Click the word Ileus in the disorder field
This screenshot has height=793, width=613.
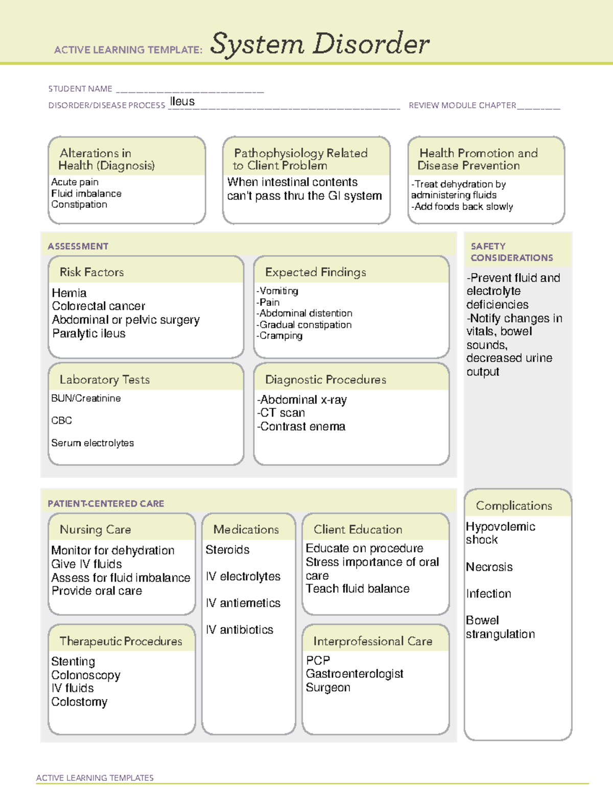(x=182, y=102)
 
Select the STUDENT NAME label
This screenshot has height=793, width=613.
(x=80, y=89)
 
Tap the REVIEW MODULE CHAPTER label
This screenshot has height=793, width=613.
(x=462, y=105)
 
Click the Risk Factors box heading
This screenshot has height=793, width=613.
(x=91, y=272)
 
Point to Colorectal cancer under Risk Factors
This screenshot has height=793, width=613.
(x=99, y=306)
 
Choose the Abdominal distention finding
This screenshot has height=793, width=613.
(x=305, y=313)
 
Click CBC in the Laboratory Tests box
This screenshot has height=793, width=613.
(x=61, y=420)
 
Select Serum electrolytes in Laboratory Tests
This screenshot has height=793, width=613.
(x=92, y=443)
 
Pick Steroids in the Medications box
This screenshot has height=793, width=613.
(x=227, y=550)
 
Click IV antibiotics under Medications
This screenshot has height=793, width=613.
(x=239, y=630)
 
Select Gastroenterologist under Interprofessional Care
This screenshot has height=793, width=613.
(x=355, y=674)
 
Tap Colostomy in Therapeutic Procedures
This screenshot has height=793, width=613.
(x=79, y=702)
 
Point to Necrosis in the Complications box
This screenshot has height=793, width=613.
(x=489, y=567)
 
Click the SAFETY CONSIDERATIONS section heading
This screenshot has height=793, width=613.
(x=511, y=252)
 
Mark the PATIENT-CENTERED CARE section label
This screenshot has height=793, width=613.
(x=106, y=503)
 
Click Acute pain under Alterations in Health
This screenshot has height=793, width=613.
(x=75, y=182)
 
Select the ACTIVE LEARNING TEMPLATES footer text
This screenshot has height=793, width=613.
(x=95, y=778)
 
